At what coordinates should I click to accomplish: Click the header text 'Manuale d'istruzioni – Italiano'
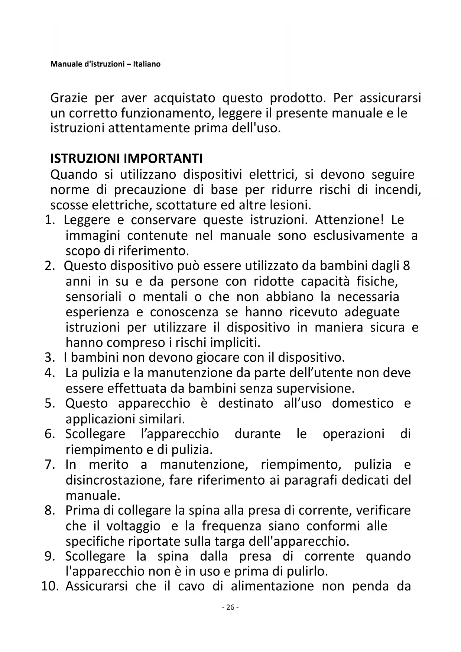click(105, 64)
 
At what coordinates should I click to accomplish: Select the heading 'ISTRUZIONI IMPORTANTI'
click(126, 159)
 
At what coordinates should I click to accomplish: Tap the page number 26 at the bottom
click(230, 607)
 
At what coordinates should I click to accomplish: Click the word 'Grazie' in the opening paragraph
click(69, 98)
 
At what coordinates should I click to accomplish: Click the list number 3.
click(49, 358)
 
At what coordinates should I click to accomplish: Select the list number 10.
click(50, 586)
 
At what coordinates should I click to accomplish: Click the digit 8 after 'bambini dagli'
click(406, 266)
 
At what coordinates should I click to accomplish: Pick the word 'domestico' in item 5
click(363, 403)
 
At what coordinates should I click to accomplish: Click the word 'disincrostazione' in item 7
click(114, 480)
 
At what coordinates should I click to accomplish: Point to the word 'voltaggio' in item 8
click(133, 526)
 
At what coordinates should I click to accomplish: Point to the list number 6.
click(49, 434)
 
